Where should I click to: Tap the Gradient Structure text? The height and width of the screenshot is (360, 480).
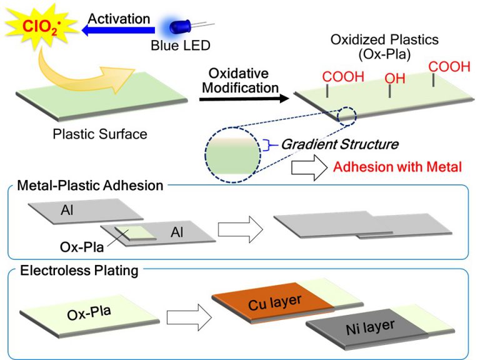339,144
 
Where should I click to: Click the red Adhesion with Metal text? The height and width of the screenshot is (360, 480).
397,167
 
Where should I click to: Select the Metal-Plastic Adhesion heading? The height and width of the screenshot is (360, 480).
90,185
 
